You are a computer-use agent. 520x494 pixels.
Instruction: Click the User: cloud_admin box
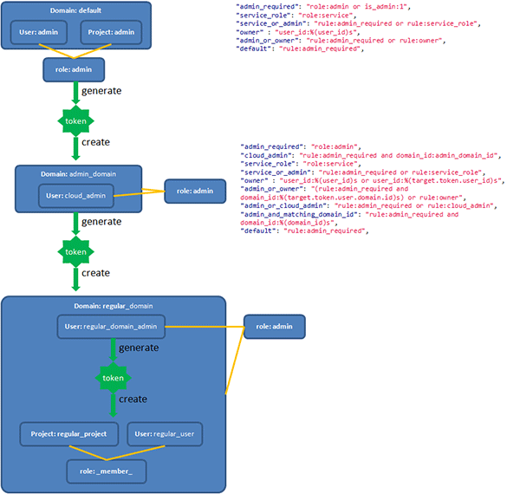click(x=77, y=195)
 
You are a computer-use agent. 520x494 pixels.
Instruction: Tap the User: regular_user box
click(x=163, y=433)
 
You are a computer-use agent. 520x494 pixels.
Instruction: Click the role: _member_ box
click(x=106, y=471)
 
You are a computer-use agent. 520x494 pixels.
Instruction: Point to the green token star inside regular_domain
click(x=113, y=378)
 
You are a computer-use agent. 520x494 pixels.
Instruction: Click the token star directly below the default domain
click(x=75, y=120)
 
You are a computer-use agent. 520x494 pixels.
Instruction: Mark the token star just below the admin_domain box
click(x=75, y=251)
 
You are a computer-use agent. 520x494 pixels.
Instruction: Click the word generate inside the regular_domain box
click(x=139, y=348)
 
